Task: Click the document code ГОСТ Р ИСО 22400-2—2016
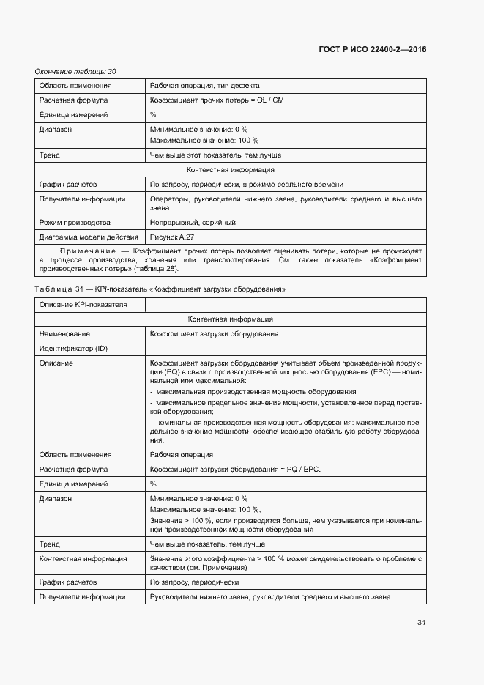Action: tap(372, 50)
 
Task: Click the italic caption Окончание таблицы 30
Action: tap(75, 71)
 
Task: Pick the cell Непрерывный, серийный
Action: tap(193, 223)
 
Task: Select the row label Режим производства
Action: tap(75, 223)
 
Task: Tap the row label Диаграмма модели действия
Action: tap(88, 237)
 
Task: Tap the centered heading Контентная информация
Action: tap(230, 319)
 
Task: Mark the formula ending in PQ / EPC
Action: tap(235, 470)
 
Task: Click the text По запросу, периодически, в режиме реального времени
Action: tap(246, 185)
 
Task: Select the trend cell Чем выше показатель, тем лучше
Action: tap(207, 544)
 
